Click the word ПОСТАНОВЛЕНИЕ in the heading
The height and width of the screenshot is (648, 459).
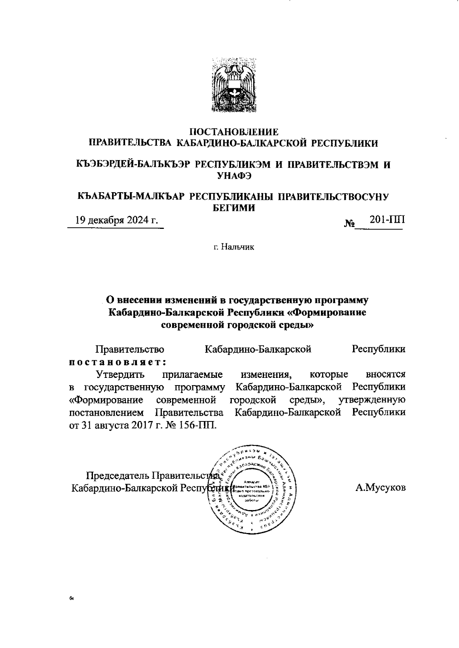[x=234, y=132]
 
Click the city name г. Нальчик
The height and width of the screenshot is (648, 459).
[x=234, y=247]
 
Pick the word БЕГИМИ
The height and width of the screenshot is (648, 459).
[x=234, y=208]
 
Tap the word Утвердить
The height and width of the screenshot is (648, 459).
[x=120, y=374]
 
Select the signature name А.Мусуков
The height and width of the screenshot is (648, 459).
[x=380, y=488]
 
